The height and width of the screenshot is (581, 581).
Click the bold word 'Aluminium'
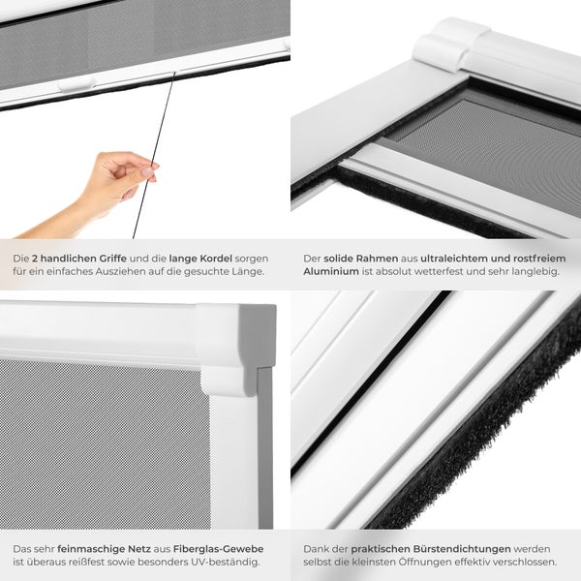pos(331,273)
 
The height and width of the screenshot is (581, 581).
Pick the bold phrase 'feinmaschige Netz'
pos(102,548)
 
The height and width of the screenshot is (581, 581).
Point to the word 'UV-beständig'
pos(225,562)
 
